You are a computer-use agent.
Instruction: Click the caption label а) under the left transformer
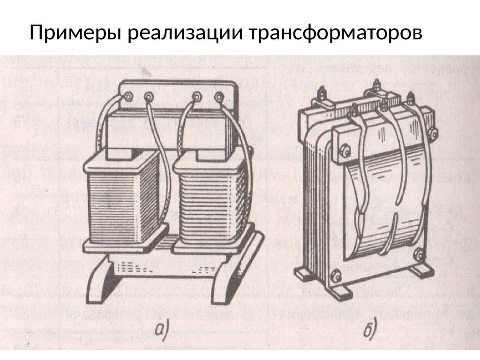(160, 331)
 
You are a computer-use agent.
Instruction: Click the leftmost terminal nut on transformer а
(127, 97)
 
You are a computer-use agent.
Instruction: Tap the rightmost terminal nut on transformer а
(218, 97)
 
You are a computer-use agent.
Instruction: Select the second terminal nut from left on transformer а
(150, 97)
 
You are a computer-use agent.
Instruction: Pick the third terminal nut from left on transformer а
(197, 97)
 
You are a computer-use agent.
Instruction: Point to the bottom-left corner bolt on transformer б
(335, 276)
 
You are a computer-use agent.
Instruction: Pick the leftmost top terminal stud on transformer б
(323, 94)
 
